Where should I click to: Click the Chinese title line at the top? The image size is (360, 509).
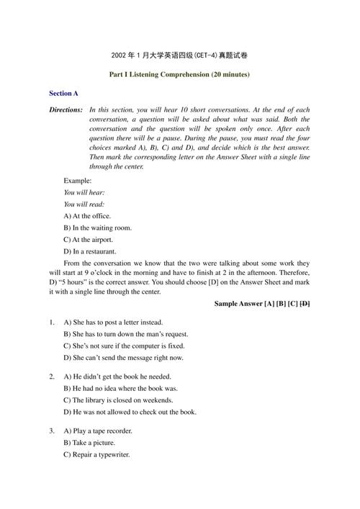pyautogui.click(x=179, y=55)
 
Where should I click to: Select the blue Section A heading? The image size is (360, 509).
pyautogui.click(x=63, y=94)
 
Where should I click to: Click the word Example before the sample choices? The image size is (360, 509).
pyautogui.click(x=78, y=180)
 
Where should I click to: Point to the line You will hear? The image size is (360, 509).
pyautogui.click(x=84, y=192)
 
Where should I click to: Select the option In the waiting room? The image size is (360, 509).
pyautogui.click(x=97, y=228)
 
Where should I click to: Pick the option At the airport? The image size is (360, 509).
pyautogui.click(x=88, y=239)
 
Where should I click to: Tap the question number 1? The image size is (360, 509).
pyautogui.click(x=52, y=323)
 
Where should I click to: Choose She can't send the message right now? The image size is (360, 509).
pyautogui.click(x=123, y=357)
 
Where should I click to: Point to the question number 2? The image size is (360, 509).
pyautogui.click(x=52, y=377)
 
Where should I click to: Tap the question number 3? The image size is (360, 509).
pyautogui.click(x=52, y=431)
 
